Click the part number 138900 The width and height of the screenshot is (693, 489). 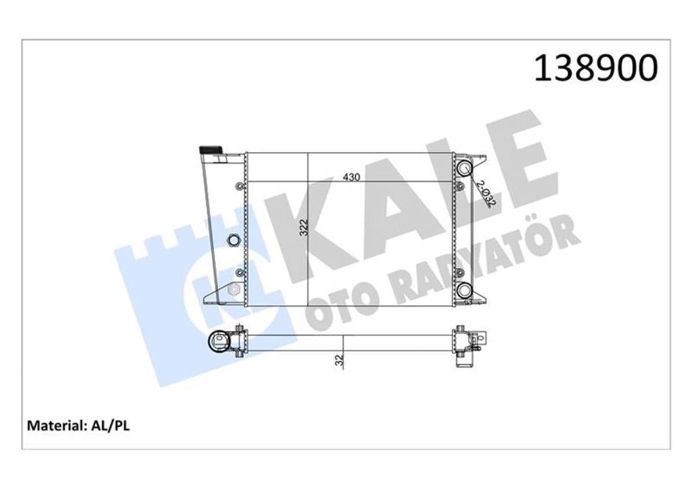(596, 68)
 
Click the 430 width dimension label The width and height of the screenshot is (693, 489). (351, 177)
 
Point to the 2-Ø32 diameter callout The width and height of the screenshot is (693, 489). (486, 193)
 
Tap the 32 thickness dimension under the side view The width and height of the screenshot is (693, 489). (340, 360)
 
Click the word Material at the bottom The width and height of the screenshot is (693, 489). (55, 426)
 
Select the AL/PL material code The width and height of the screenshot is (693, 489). (110, 426)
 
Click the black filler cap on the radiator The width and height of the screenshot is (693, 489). (211, 150)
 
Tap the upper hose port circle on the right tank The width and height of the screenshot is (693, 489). (464, 168)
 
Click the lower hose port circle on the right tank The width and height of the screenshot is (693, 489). (464, 290)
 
